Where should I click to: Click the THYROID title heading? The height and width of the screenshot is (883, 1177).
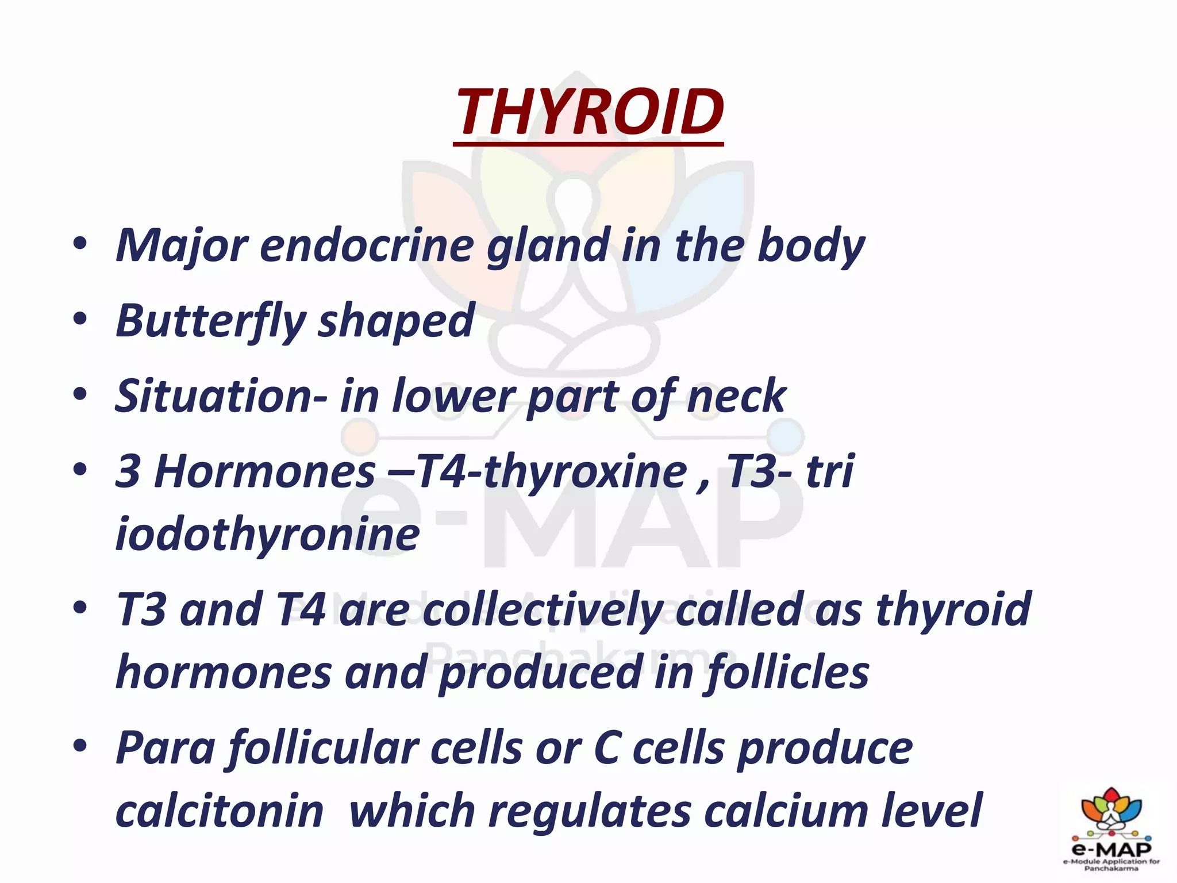[x=588, y=112]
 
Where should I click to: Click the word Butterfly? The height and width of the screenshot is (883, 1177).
[x=210, y=321]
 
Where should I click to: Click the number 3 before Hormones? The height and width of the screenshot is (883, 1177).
[x=128, y=471]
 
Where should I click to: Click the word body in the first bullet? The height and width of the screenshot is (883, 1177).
[x=811, y=246]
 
